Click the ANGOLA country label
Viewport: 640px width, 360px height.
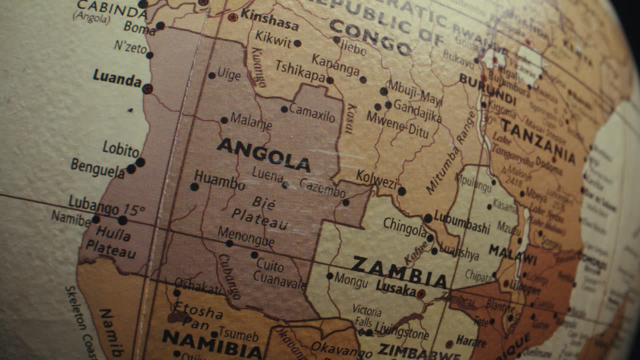(x=263, y=154)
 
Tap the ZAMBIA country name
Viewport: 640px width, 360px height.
(x=399, y=272)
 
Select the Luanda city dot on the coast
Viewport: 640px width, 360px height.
(x=147, y=89)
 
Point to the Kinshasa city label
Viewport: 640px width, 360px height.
(x=269, y=19)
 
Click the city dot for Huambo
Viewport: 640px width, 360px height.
(x=194, y=187)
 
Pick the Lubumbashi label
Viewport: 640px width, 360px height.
(x=462, y=223)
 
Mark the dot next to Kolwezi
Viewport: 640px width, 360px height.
(x=401, y=191)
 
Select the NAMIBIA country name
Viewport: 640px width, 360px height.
(x=212, y=343)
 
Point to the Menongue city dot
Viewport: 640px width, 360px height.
(x=229, y=243)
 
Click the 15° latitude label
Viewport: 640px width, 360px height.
(x=134, y=209)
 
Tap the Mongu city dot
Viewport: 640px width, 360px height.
(x=329, y=275)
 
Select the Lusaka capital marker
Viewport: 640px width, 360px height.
(x=421, y=294)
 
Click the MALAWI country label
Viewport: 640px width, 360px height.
(x=512, y=254)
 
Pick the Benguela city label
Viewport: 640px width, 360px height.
(x=97, y=168)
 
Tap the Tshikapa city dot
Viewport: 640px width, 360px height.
(x=330, y=80)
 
